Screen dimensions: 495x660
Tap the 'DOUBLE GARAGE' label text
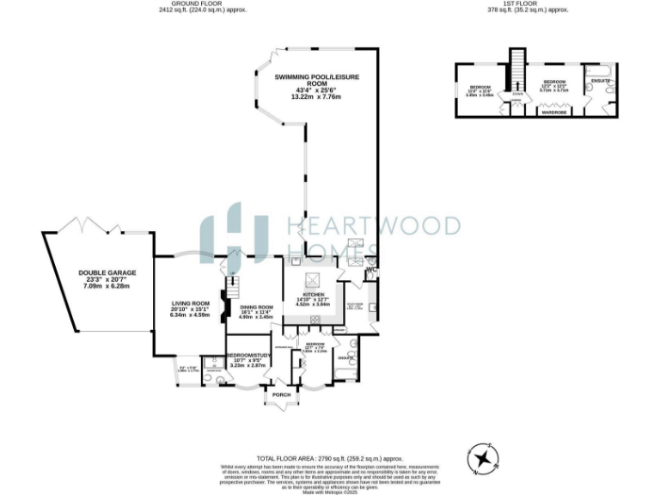[102, 273]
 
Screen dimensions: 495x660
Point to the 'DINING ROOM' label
[255, 307]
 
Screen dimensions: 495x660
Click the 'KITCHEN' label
[313, 293]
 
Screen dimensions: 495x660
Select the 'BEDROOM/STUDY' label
[247, 357]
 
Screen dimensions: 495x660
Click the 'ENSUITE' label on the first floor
[600, 81]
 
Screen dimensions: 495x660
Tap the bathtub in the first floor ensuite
[600, 68]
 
